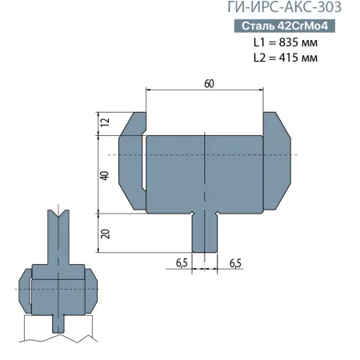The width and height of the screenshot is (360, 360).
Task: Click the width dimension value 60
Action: point(208,83)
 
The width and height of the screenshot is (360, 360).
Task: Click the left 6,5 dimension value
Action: point(182,262)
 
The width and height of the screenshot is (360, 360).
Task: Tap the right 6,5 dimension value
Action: point(235,262)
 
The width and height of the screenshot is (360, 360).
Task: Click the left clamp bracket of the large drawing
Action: point(130,164)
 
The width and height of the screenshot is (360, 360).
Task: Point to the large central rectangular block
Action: point(205,172)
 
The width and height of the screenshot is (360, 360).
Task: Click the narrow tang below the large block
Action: point(205,232)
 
